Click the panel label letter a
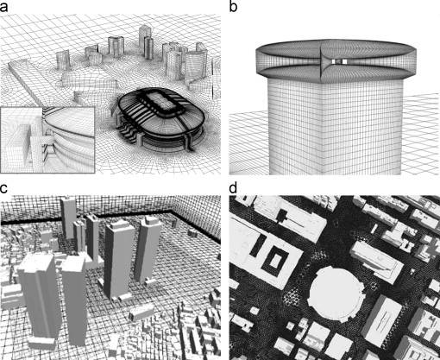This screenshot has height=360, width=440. (4, 7)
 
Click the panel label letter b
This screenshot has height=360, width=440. (233, 6)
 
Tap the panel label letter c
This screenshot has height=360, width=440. (3, 188)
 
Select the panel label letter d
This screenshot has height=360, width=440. (233, 188)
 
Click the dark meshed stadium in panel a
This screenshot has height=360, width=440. (161, 121)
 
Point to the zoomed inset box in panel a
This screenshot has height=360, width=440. (47, 140)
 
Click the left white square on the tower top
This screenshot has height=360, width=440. (334, 61)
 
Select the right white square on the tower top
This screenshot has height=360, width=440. (344, 61)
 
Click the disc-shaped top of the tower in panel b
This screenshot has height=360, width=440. (336, 59)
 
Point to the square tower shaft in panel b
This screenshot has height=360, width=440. (335, 127)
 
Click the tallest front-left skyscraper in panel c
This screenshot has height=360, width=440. (37, 296)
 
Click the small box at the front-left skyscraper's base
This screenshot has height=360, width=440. (41, 344)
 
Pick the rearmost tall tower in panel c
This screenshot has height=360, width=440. (68, 218)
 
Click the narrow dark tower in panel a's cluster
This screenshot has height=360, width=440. (148, 47)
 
